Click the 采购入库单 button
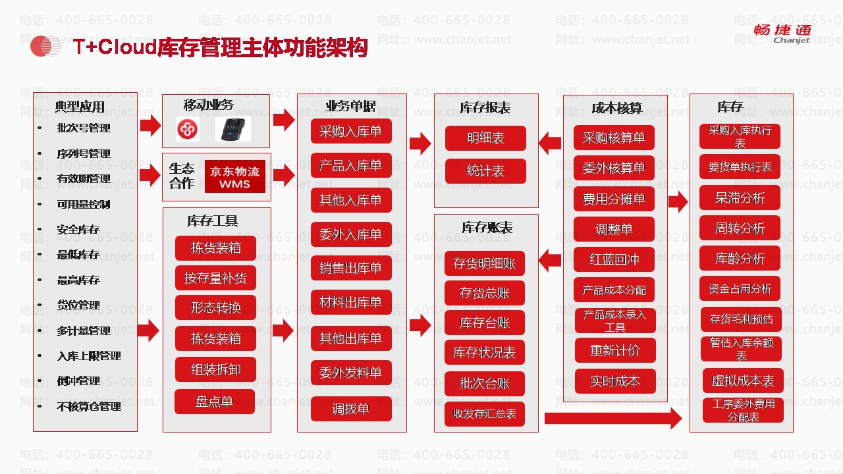[351, 131]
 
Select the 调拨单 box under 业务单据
[351, 409]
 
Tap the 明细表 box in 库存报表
[485, 138]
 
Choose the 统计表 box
[485, 171]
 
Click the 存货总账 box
[485, 293]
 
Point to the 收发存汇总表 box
[485, 414]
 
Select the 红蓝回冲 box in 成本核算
[614, 259]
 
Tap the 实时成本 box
[614, 381]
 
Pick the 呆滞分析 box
[740, 198]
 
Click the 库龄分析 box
[740, 259]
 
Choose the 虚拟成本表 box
[743, 381]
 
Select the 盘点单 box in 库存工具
[214, 402]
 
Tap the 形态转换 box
[215, 307]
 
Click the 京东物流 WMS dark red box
[235, 177]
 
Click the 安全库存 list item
[78, 230]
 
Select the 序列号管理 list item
[83, 154]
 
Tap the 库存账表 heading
[487, 228]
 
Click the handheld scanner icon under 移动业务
[232, 129]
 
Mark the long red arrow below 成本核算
[612, 418]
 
